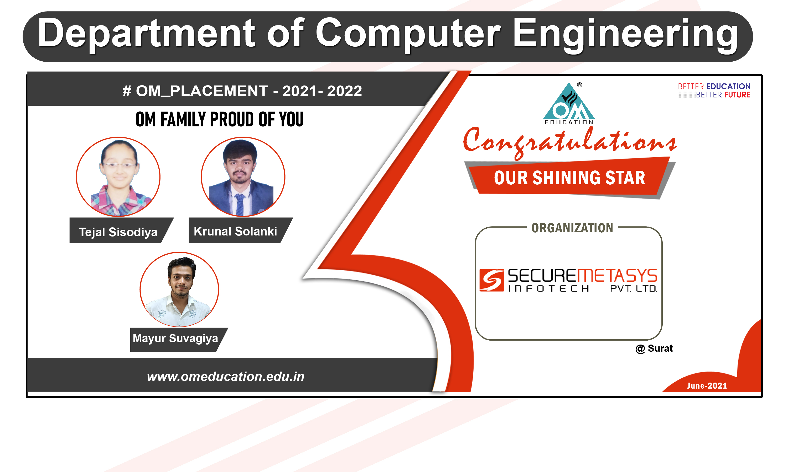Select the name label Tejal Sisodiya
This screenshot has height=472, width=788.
(x=118, y=232)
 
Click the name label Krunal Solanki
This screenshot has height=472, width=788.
(x=235, y=231)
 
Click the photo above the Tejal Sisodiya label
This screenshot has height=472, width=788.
(x=118, y=177)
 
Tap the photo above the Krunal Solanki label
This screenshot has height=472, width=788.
(x=243, y=177)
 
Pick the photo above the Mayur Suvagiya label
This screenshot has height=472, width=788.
(x=179, y=289)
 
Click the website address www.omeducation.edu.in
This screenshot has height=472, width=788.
(x=226, y=377)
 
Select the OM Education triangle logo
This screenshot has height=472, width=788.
(x=569, y=104)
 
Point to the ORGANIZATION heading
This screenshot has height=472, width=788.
(x=572, y=228)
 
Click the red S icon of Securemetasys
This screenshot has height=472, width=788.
(x=492, y=280)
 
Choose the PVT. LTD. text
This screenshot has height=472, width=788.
(x=634, y=288)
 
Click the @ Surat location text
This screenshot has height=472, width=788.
(x=654, y=348)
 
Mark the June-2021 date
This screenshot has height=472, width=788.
(x=707, y=386)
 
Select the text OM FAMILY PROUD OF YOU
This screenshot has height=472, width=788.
(x=219, y=119)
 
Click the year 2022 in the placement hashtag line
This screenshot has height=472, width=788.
(x=345, y=91)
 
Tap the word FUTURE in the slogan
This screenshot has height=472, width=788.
(x=737, y=95)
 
